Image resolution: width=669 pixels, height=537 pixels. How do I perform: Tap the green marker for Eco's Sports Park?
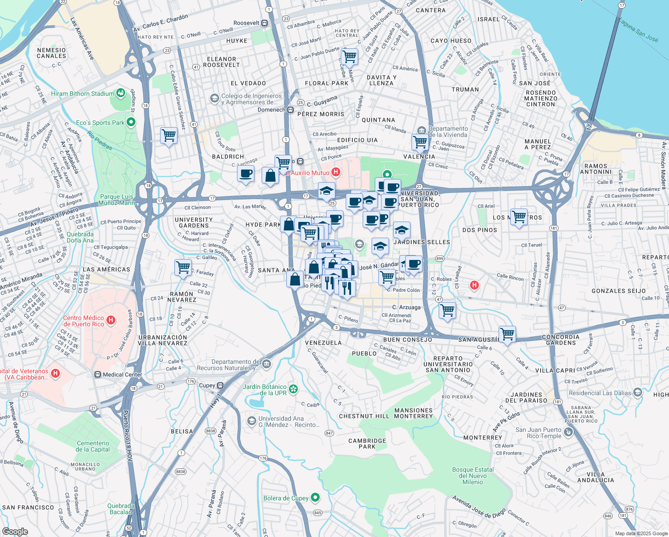click(x=131, y=122)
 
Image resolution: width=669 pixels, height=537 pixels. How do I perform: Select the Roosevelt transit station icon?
click(x=265, y=23)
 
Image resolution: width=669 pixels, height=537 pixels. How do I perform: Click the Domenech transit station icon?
click(x=290, y=110)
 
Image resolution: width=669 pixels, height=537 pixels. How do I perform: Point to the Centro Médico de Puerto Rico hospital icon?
click(x=111, y=320)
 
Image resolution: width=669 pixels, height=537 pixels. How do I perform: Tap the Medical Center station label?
click(x=122, y=375)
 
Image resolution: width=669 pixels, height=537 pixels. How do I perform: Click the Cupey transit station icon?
click(x=220, y=385)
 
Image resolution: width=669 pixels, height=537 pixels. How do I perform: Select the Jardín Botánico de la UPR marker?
click(x=293, y=389)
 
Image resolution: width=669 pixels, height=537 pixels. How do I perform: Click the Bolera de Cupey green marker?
click(x=315, y=497)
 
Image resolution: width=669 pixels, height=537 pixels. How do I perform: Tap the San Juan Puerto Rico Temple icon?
click(x=568, y=432)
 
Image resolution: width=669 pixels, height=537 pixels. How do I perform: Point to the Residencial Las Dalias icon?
click(x=637, y=392)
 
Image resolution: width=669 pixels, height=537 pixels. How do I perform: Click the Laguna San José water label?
click(x=638, y=30)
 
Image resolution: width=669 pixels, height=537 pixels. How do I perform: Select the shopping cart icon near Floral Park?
click(x=349, y=57)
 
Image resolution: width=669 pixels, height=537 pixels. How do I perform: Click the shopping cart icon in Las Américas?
click(x=183, y=268)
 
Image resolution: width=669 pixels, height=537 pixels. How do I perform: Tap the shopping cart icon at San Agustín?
click(x=507, y=333)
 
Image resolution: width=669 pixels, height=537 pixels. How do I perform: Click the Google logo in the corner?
click(x=15, y=531)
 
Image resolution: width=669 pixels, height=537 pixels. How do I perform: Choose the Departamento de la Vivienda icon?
click(x=421, y=130)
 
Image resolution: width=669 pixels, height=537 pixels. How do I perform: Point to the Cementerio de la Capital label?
click(x=93, y=446)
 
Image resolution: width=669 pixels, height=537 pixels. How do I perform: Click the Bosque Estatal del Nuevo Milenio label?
click(x=473, y=476)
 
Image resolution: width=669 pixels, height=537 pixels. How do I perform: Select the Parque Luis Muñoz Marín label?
click(x=116, y=200)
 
